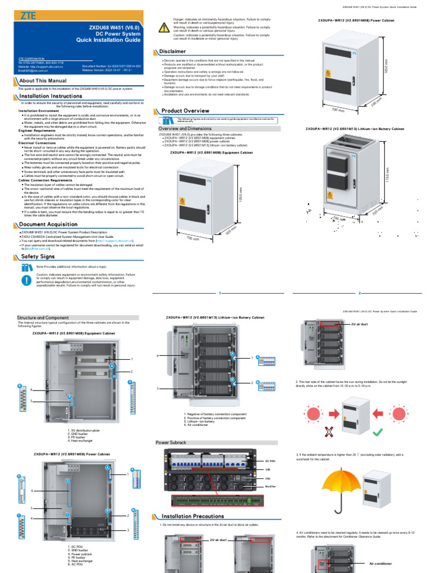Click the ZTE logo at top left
[x=29, y=17]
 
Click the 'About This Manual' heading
[x=43, y=81]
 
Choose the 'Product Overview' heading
[x=185, y=111]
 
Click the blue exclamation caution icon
[x=27, y=280]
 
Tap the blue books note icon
[x=27, y=267]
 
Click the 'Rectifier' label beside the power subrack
[x=270, y=487]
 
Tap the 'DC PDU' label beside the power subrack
[x=270, y=461]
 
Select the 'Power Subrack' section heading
[x=170, y=443]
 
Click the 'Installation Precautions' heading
[x=193, y=516]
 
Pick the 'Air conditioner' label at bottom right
[x=381, y=563]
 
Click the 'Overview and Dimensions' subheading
[x=185, y=128]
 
